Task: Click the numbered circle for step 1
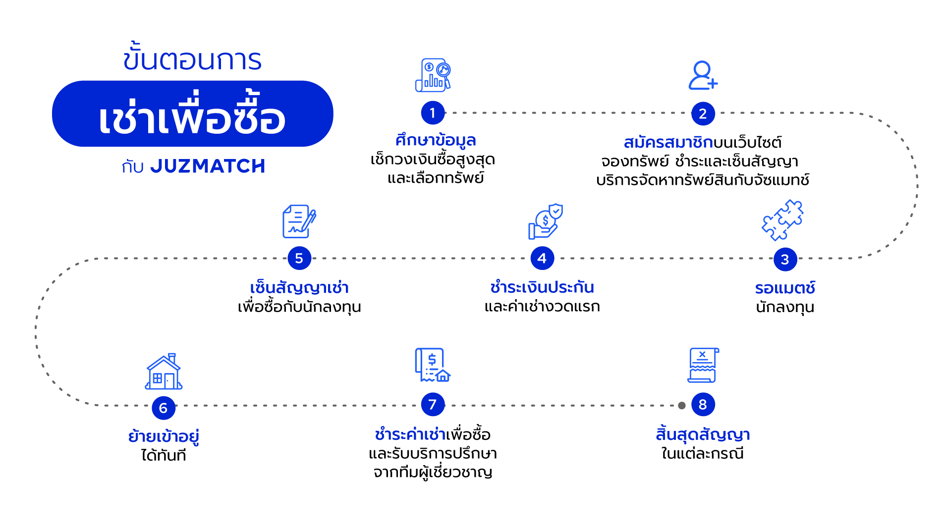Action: tap(433, 113)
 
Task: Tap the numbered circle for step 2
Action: tap(703, 113)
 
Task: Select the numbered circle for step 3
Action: tap(785, 259)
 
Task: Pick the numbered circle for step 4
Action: tap(542, 258)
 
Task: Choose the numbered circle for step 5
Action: tap(299, 258)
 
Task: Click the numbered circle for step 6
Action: tap(163, 408)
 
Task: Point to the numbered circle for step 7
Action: tap(433, 404)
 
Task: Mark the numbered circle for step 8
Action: tap(703, 404)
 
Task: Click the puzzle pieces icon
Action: tap(783, 220)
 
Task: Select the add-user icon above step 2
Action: tap(703, 75)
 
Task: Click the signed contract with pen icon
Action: tap(299, 221)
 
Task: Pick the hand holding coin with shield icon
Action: tap(545, 221)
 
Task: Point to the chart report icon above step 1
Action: tap(433, 75)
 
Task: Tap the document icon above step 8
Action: tap(703, 365)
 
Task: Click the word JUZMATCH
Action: tap(208, 166)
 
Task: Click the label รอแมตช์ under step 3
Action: tap(785, 288)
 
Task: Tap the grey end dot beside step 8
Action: tap(682, 405)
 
